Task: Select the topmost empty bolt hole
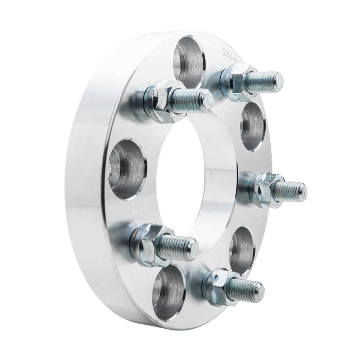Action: (189, 61)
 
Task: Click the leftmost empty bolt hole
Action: (128, 169)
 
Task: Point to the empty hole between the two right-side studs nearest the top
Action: (253, 126)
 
